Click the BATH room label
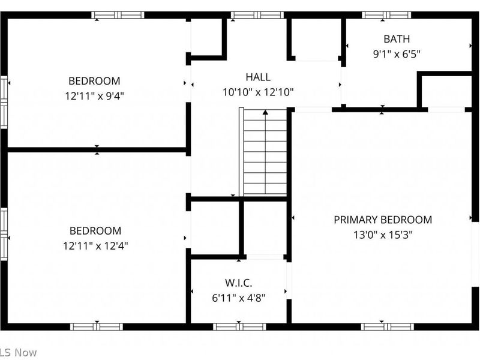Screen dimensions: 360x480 (397, 39)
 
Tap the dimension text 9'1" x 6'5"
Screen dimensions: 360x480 (397, 54)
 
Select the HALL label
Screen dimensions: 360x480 (257, 77)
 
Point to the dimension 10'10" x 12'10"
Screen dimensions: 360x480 (257, 92)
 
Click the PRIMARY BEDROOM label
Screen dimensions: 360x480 (383, 220)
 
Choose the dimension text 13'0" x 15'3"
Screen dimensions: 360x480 (383, 235)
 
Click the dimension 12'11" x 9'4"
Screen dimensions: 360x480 (94, 95)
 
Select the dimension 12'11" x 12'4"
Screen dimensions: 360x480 (95, 245)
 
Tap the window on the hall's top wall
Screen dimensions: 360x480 (257, 15)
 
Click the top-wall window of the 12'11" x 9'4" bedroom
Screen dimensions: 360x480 (118, 15)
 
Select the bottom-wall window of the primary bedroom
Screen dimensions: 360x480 (387, 326)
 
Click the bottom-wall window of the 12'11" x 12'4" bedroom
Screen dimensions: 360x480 (96, 326)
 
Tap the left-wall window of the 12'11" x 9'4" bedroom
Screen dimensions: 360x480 (4, 100)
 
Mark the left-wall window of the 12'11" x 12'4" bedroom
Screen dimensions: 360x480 (4, 232)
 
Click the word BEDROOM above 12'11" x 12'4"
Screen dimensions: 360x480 (95, 230)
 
